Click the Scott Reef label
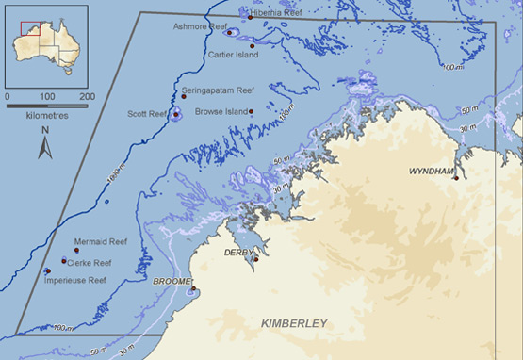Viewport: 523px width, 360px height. coord(146,114)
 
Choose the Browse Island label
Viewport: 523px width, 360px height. coord(221,111)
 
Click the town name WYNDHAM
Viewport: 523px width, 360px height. coord(432,172)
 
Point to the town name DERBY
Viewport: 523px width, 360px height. coord(238,253)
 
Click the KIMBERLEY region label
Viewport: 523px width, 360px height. coord(294,323)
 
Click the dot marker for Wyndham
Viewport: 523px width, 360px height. coord(454,178)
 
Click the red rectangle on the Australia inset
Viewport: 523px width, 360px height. coord(27,24)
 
